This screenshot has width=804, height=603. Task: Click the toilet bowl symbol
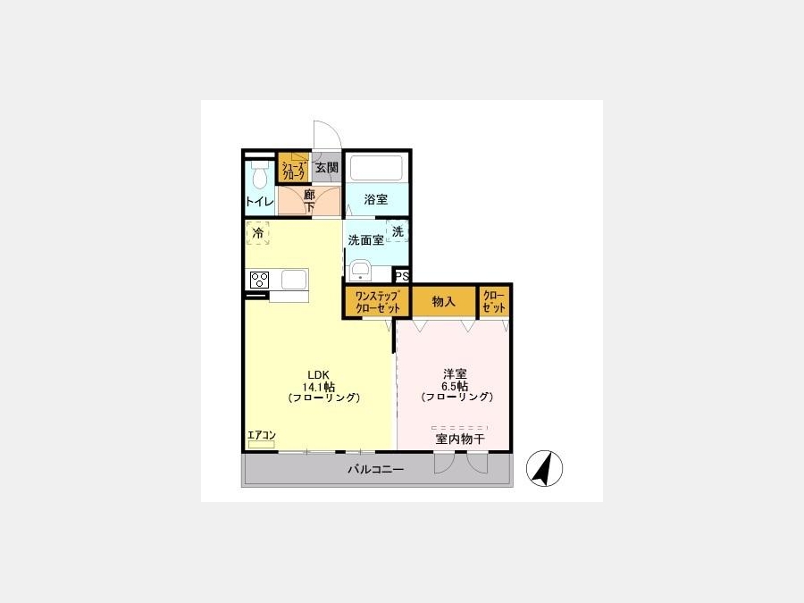pyautogui.click(x=260, y=174)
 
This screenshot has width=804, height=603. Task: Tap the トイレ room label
pyautogui.click(x=259, y=201)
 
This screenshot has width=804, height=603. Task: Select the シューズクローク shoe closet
pyautogui.click(x=294, y=167)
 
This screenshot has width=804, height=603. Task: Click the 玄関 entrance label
pyautogui.click(x=327, y=168)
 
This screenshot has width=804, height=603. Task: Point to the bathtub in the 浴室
pyautogui.click(x=376, y=168)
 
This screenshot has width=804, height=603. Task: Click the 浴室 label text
pyautogui.click(x=376, y=199)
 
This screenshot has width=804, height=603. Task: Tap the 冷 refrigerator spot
pyautogui.click(x=258, y=233)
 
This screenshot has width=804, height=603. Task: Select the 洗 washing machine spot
pyautogui.click(x=398, y=231)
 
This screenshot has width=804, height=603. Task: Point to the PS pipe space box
pyautogui.click(x=402, y=276)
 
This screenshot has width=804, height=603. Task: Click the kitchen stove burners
pyautogui.click(x=259, y=280)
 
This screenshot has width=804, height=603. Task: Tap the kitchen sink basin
pyautogui.click(x=294, y=280)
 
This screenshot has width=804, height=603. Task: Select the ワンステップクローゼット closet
pyautogui.click(x=377, y=302)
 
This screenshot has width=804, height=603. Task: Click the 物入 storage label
pyautogui.click(x=443, y=302)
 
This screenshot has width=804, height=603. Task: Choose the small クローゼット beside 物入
pyautogui.click(x=494, y=302)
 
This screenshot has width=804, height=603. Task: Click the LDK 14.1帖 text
pyautogui.click(x=319, y=381)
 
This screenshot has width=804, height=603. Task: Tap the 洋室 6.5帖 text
pyautogui.click(x=455, y=380)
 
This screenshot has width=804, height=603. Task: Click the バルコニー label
pyautogui.click(x=376, y=469)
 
